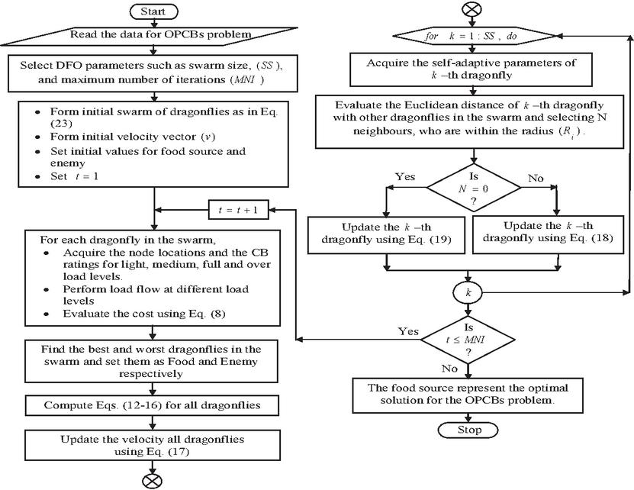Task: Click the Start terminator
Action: click(154, 12)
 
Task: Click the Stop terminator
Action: click(469, 430)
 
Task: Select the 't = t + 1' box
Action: click(238, 209)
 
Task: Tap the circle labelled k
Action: click(469, 292)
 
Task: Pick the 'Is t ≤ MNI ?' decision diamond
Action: click(469, 339)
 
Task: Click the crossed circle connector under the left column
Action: click(153, 479)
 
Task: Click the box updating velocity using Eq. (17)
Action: click(153, 446)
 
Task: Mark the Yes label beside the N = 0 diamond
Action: click(405, 176)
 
